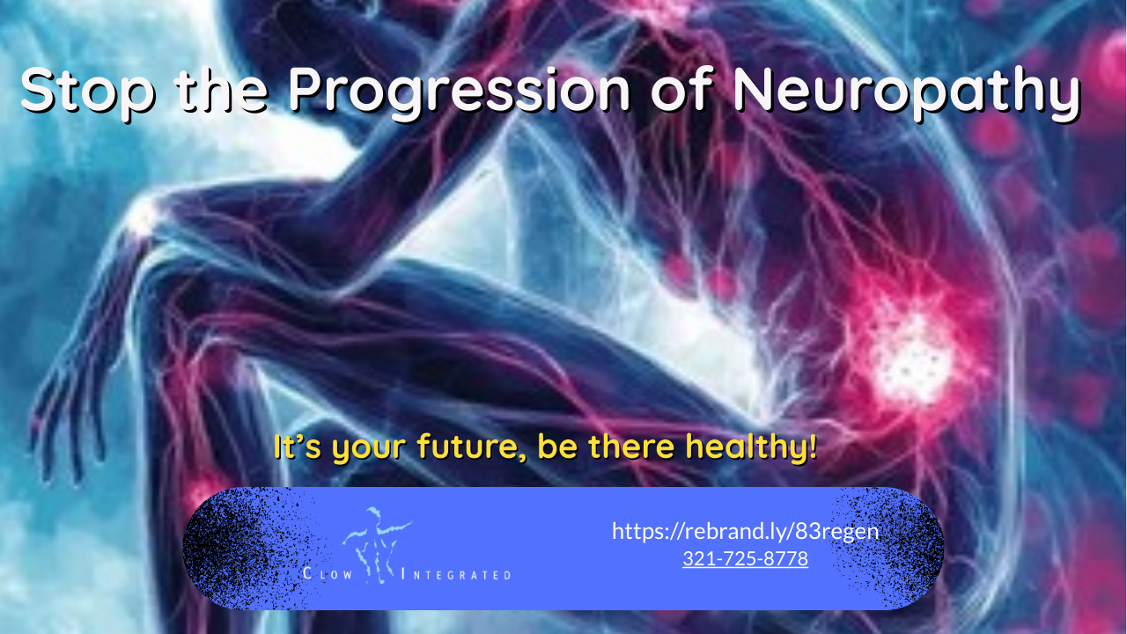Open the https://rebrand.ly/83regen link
[745, 531]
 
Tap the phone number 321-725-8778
[745, 558]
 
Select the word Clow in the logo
[328, 575]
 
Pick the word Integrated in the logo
[456, 575]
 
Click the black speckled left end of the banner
[220, 548]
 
